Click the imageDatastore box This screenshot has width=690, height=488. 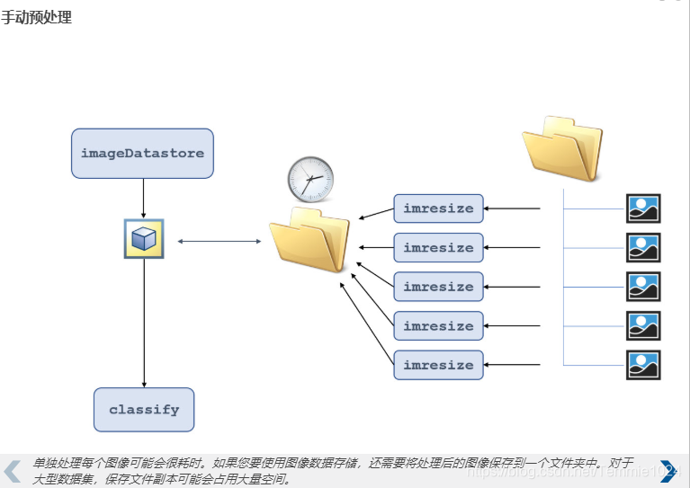point(142,153)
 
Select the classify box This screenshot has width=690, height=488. point(144,410)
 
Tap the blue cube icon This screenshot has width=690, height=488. point(144,239)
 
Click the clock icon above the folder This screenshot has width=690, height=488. point(310,179)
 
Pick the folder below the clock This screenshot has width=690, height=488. point(309,238)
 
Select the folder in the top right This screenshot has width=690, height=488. point(562,147)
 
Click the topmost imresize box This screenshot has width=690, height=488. point(438,209)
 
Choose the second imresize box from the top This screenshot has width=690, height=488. point(438,248)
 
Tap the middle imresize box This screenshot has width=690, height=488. point(438,287)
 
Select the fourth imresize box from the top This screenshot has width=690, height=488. point(438,326)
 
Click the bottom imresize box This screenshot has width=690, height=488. point(438,365)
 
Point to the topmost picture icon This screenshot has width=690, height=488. point(643,209)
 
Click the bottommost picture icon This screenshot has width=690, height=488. point(643,365)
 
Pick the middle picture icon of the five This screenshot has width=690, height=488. point(643,287)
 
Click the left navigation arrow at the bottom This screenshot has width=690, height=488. point(13,471)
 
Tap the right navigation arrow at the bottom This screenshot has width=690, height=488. point(668,471)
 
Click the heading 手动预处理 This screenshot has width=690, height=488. point(36,17)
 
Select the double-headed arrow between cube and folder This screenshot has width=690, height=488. point(219,241)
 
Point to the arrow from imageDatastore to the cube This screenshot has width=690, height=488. point(144,198)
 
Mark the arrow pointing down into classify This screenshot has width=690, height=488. point(144,324)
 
